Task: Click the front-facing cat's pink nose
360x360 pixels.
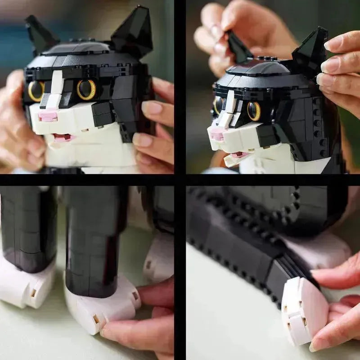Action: (x=48, y=116)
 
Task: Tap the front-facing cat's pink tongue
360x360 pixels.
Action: (x=63, y=137)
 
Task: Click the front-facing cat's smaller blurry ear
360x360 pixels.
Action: (x=39, y=34)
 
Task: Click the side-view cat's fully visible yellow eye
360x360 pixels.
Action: (x=254, y=111)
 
